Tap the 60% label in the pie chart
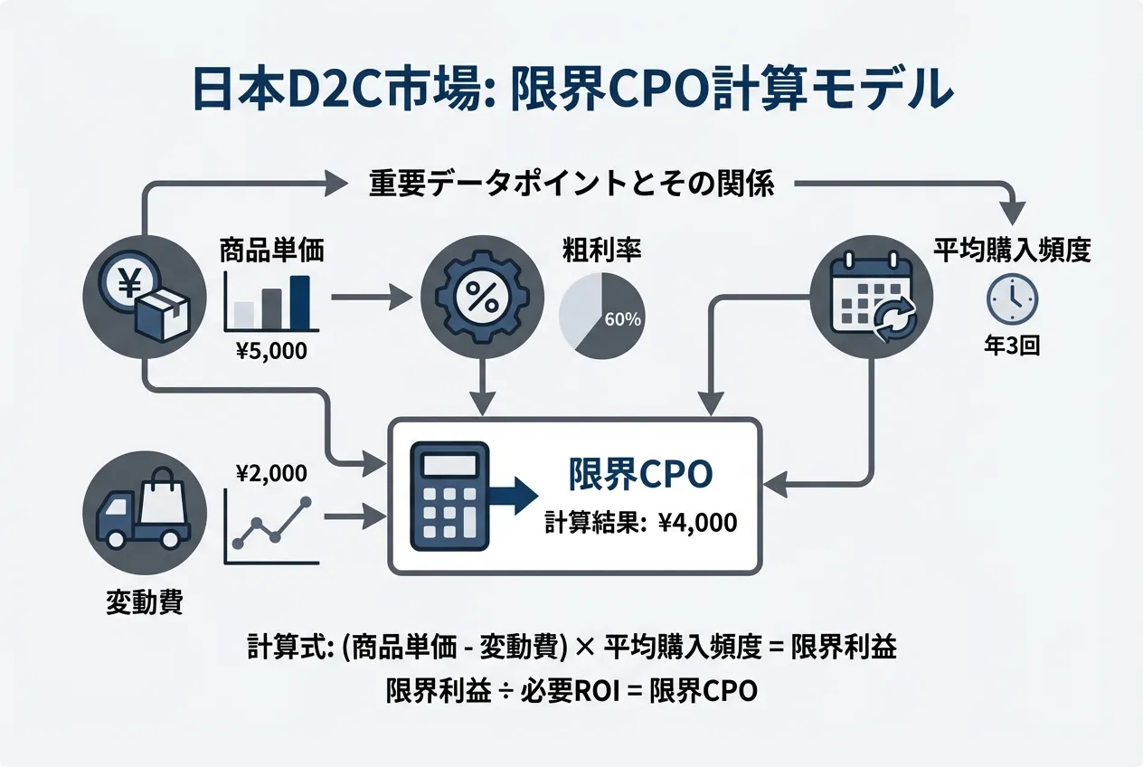point(622,319)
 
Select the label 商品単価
point(271,251)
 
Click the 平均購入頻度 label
point(1011,251)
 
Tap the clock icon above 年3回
point(1012,299)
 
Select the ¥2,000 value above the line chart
point(269,472)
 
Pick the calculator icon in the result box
point(449,495)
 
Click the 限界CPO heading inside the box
point(640,475)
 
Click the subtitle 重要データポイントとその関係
point(571,185)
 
